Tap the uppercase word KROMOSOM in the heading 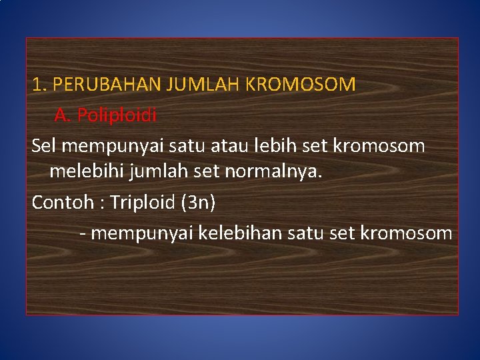[301, 85]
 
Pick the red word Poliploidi [117, 116]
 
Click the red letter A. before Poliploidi [62, 116]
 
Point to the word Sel [44, 146]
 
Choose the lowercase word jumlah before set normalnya [157, 173]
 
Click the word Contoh [60, 203]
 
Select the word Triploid [143, 203]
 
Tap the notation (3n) [198, 203]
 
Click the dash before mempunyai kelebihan [82, 234]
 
